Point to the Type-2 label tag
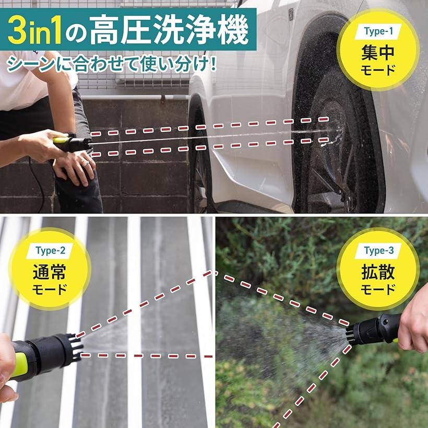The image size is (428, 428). [x=51, y=249]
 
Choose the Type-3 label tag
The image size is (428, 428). [x=378, y=250]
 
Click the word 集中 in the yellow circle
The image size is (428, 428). [x=378, y=52]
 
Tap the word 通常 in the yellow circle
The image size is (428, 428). [x=51, y=271]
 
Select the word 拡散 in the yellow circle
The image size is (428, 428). [x=378, y=271]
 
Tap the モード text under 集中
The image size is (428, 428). [x=378, y=70]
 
